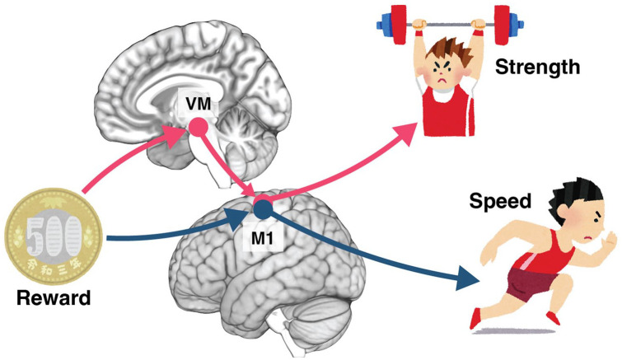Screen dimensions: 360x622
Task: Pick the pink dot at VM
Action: coord(199,127)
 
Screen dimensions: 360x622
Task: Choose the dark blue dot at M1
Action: coord(263,208)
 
